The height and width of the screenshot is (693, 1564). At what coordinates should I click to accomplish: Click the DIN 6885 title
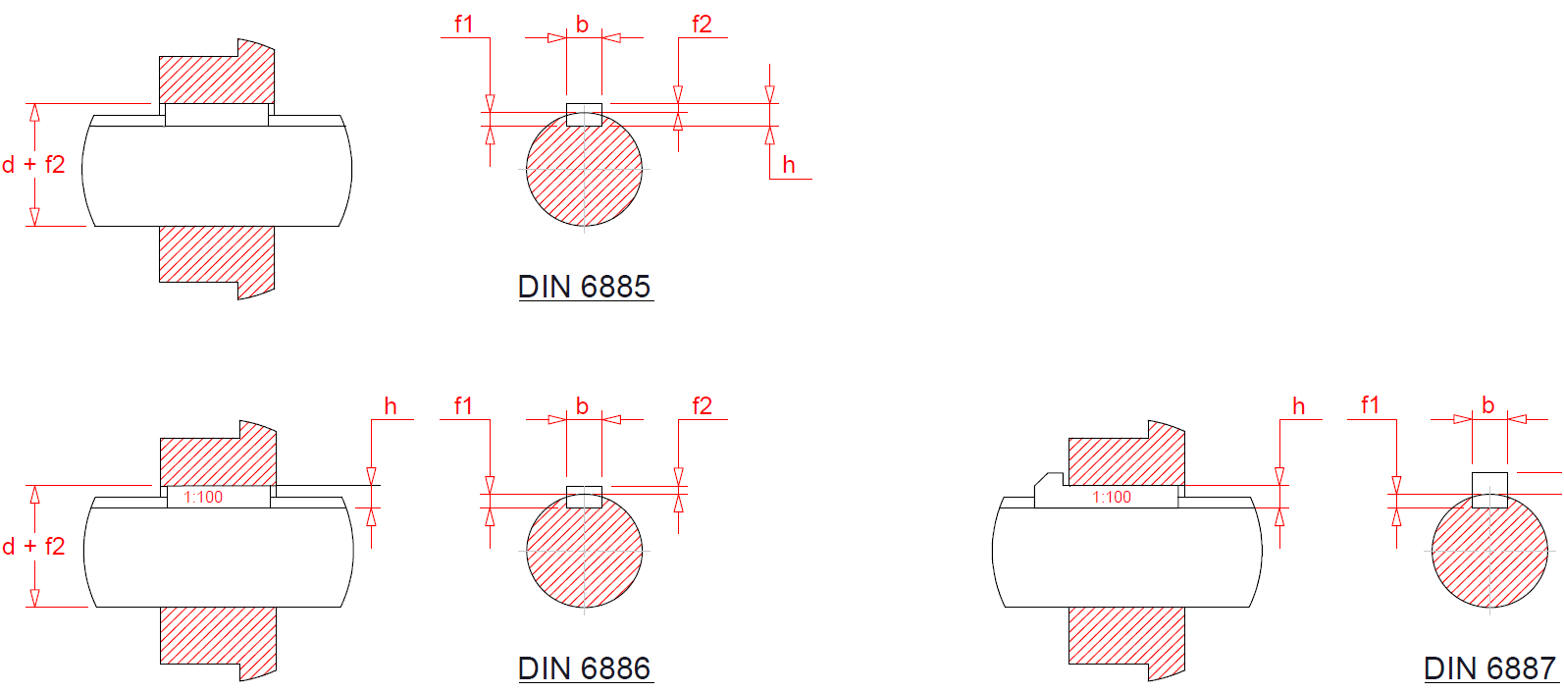(585, 287)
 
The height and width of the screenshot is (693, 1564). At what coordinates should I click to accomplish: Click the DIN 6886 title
(585, 668)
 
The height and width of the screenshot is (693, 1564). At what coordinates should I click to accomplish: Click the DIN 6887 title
(1489, 668)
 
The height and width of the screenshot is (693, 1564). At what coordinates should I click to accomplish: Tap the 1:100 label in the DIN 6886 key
(204, 498)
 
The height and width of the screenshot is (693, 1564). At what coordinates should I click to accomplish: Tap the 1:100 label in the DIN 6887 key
(1113, 498)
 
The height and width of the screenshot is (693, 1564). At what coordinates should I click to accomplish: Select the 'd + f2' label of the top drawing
(33, 165)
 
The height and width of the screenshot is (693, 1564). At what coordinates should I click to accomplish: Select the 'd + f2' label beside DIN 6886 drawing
(33, 547)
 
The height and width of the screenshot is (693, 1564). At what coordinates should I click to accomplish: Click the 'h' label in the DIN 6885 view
(789, 165)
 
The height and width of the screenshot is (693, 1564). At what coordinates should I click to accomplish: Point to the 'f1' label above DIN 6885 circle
(464, 25)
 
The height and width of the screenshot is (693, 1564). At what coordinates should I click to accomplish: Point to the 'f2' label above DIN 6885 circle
(702, 25)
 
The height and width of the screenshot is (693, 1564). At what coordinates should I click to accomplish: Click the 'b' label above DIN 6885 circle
(582, 25)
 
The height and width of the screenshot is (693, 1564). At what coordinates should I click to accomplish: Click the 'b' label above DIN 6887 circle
(1488, 405)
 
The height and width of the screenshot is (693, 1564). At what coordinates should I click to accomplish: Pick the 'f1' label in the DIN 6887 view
(1371, 405)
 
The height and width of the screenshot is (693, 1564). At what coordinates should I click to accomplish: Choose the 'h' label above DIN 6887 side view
(1299, 406)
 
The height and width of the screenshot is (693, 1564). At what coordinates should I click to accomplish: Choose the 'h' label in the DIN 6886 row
(391, 406)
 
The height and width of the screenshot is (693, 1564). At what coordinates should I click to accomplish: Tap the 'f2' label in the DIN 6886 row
(702, 406)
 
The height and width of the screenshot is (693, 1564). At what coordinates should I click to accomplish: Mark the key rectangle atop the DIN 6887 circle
(1489, 488)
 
